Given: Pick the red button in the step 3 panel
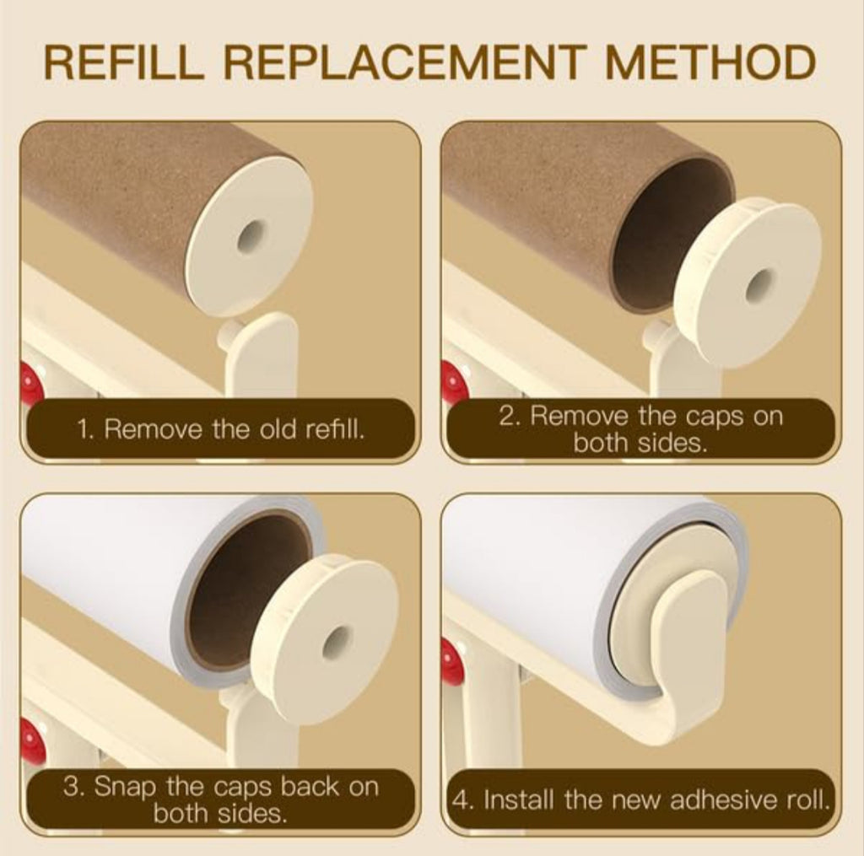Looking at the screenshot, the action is coord(31,742).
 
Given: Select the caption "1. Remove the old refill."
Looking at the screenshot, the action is coord(220,428).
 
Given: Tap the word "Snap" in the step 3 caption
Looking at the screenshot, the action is coord(125,787).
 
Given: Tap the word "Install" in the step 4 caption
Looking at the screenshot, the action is coord(519,799).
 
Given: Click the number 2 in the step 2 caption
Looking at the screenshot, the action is coord(506,417).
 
